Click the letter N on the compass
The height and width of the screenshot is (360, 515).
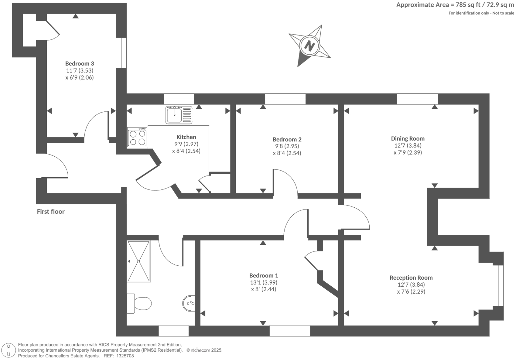pyautogui.click(x=310, y=45)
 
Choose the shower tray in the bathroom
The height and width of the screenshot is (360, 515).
pyautogui.click(x=139, y=261)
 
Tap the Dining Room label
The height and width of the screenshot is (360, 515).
pyautogui.click(x=408, y=139)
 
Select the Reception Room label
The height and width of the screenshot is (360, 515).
pyautogui.click(x=411, y=278)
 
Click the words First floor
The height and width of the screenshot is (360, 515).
pyautogui.click(x=51, y=212)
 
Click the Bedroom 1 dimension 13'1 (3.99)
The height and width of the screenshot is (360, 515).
pyautogui.click(x=264, y=282)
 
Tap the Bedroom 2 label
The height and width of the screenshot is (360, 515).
pyautogui.click(x=287, y=139)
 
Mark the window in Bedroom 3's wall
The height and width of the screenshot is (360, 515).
pyautogui.click(x=121, y=53)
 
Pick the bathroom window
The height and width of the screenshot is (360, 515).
pyautogui.click(x=173, y=331)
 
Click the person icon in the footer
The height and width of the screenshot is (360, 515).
pyautogui.click(x=9, y=350)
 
